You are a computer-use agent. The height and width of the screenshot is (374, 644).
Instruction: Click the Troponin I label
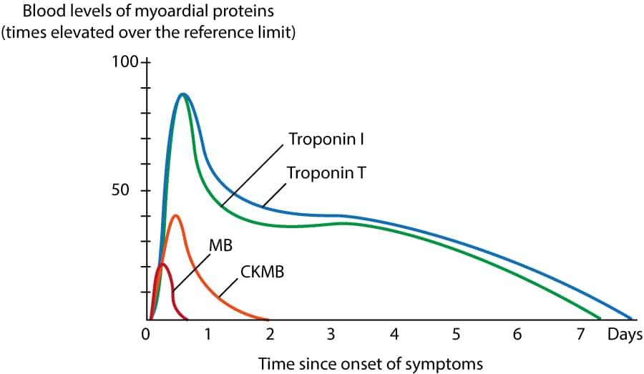coord(327,138)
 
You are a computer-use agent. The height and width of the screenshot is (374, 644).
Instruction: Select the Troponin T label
coord(326,172)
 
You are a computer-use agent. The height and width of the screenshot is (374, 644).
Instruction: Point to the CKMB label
coord(260,272)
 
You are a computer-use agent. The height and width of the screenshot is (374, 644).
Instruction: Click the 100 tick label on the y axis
coord(125,61)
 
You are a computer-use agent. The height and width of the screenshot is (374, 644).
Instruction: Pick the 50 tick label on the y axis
coord(129,191)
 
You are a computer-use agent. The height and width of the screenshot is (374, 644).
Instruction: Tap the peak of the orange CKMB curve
coord(175,215)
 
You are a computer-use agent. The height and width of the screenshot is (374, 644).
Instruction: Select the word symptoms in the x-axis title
coord(447,364)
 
